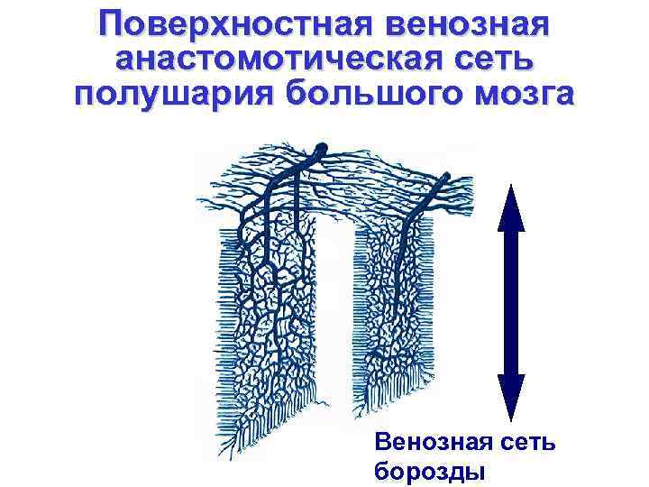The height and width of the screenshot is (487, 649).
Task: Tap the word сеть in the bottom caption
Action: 526,443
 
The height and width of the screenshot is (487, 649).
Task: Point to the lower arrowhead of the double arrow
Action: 510,397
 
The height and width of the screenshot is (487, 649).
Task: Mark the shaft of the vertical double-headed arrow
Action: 510,302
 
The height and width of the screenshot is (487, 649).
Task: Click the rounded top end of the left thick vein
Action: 322,148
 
